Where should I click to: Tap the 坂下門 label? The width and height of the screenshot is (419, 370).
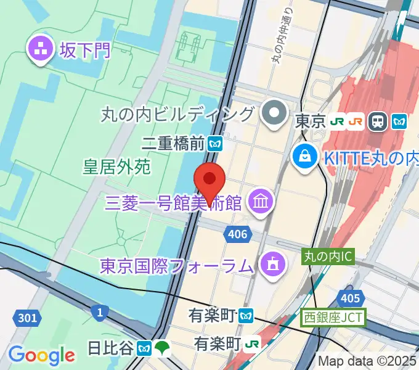[84, 49]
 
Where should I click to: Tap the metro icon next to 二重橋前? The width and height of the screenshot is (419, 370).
[215, 144]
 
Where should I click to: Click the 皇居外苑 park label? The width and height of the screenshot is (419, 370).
[117, 166]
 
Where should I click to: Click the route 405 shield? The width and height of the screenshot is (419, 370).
[349, 298]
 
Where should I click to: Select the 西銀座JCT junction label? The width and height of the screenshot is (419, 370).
[333, 318]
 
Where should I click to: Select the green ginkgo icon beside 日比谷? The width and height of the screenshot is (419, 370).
[162, 348]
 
